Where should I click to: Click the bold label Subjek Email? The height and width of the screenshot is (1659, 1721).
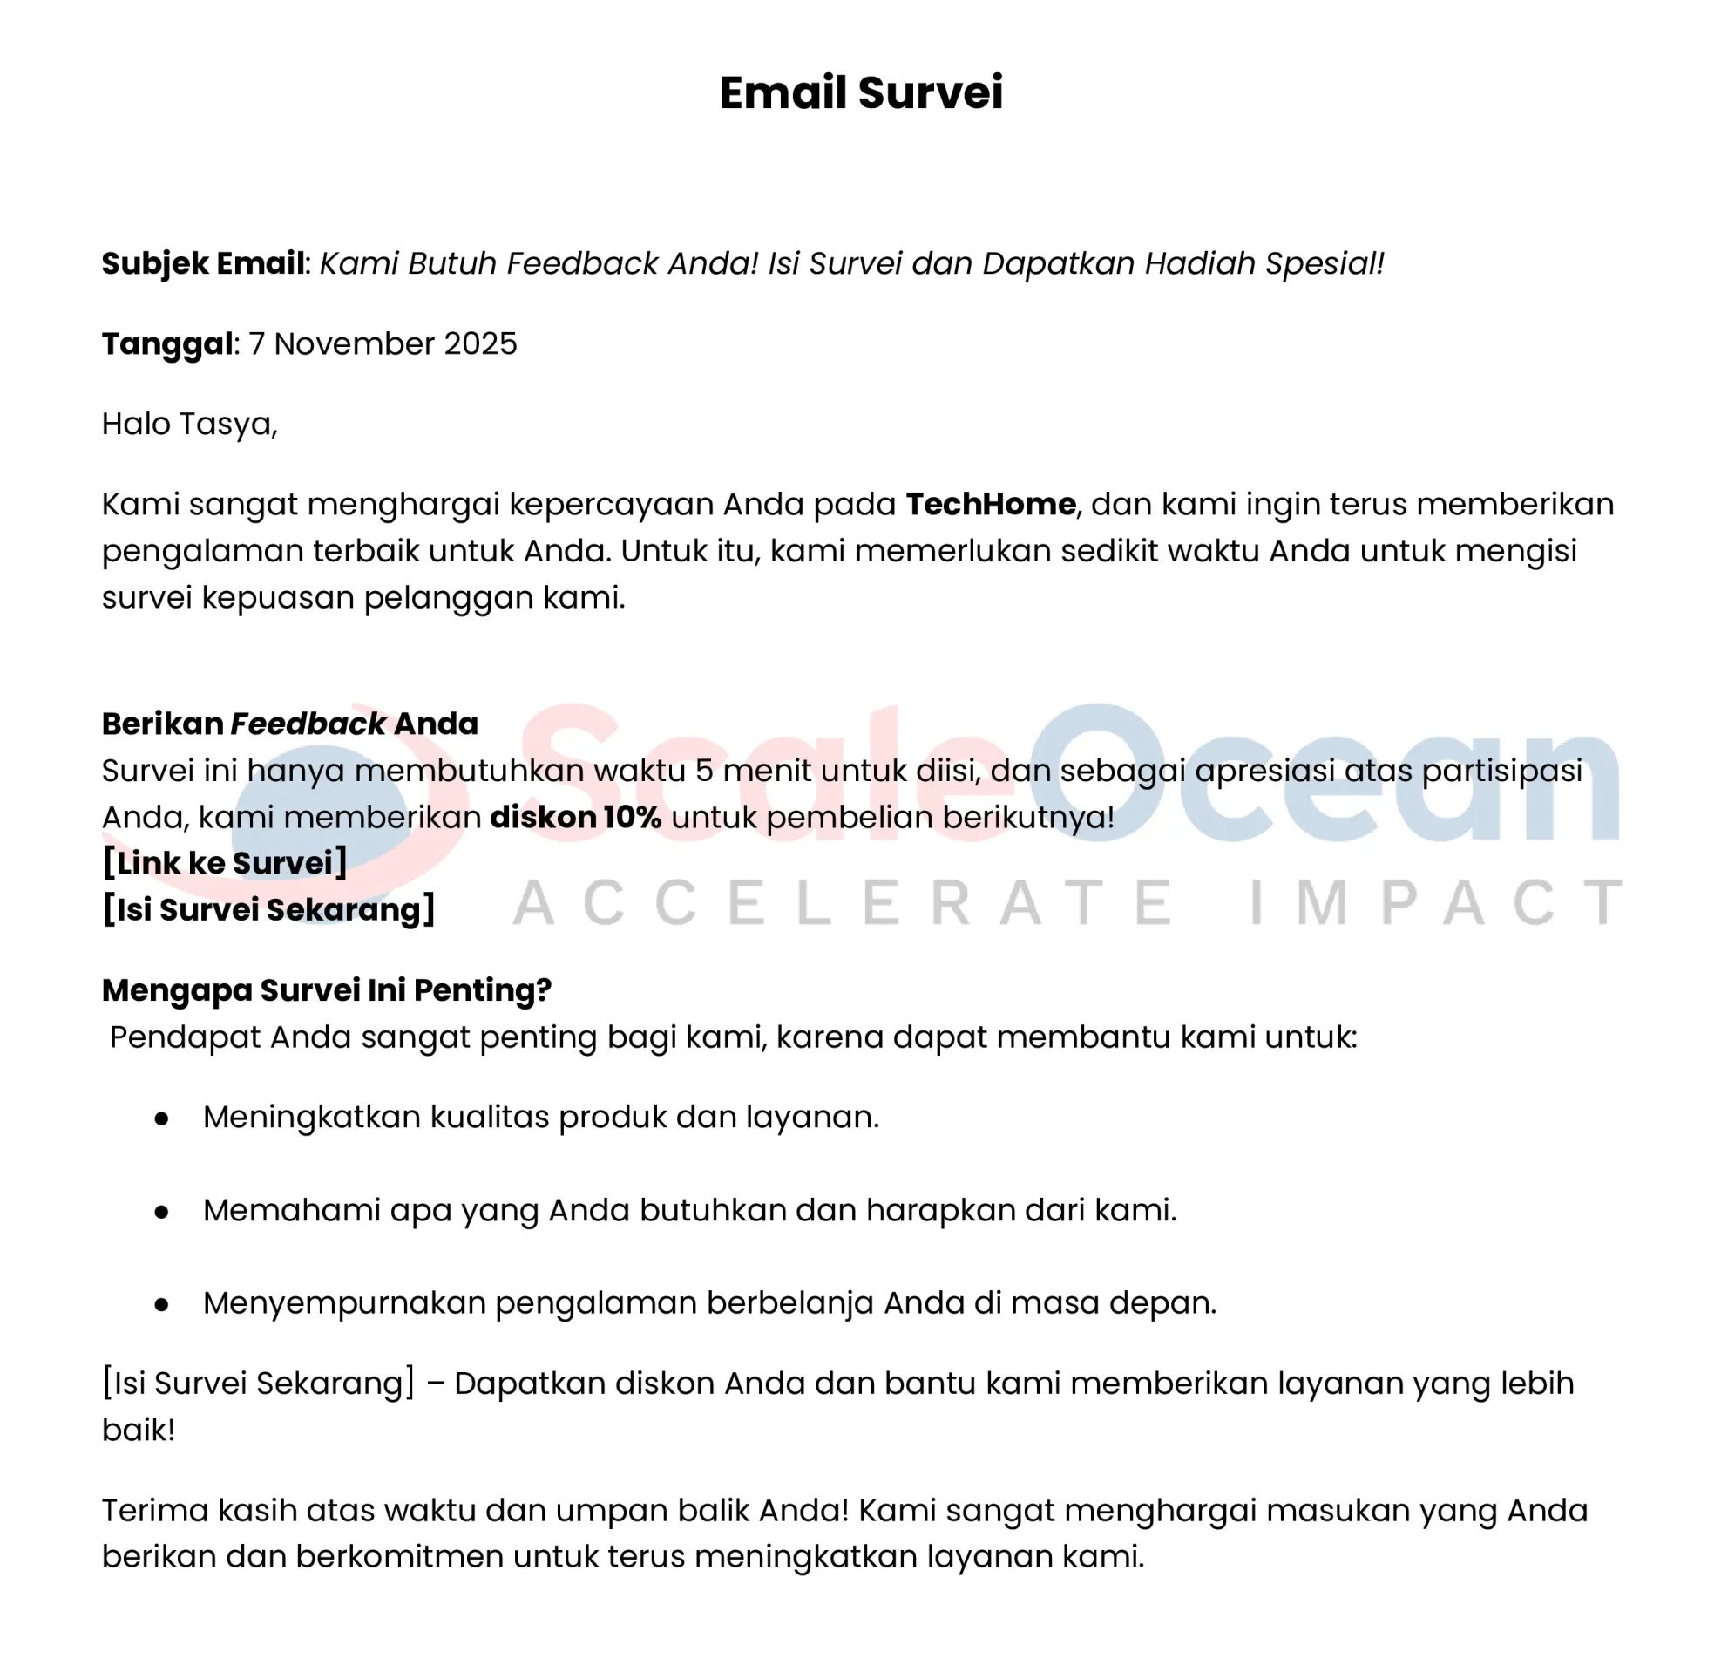[203, 263]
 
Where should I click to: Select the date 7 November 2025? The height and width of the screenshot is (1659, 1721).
[383, 343]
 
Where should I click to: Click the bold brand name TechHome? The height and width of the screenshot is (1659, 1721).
[991, 504]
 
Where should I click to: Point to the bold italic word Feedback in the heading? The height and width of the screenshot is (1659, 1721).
[308, 724]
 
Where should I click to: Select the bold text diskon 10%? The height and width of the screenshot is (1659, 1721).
[575, 817]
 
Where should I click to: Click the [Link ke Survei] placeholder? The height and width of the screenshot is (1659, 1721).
[225, 862]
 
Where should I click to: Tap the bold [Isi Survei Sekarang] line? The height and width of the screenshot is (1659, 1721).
[268, 909]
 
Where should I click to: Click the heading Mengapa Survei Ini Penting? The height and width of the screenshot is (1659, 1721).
[327, 989]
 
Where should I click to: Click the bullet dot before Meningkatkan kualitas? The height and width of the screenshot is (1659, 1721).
[161, 1118]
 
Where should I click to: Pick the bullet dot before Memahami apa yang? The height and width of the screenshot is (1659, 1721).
[161, 1211]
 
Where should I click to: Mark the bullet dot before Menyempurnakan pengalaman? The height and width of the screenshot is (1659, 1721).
[161, 1304]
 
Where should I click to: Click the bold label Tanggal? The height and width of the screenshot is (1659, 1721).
[166, 343]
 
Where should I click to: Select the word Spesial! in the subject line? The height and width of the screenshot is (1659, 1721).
[1325, 263]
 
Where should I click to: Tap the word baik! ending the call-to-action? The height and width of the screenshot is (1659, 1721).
[139, 1430]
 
